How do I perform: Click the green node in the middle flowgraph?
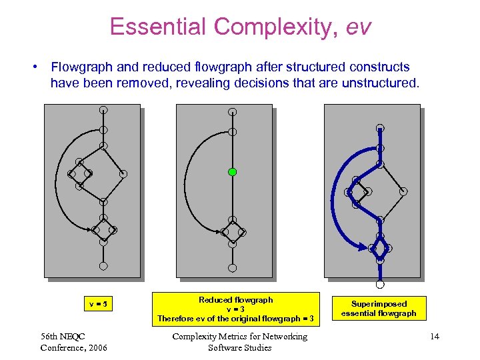pyautogui.click(x=232, y=172)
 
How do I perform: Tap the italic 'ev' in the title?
pyautogui.click(x=358, y=27)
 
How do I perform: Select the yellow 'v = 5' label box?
pyautogui.click(x=99, y=305)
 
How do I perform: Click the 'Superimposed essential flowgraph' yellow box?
pyautogui.click(x=379, y=308)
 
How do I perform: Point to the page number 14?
pyautogui.click(x=435, y=337)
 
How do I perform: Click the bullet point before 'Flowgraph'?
pyautogui.click(x=33, y=67)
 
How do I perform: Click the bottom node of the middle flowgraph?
pyautogui.click(x=232, y=268)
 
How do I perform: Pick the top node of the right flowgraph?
pyautogui.click(x=380, y=128)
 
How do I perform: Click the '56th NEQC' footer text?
pyautogui.click(x=63, y=336)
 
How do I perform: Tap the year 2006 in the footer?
pyautogui.click(x=95, y=347)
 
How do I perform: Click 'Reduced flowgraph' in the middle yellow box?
pyautogui.click(x=235, y=300)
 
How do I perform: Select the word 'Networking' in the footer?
pyautogui.click(x=284, y=336)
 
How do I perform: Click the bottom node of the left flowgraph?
pyautogui.click(x=103, y=266)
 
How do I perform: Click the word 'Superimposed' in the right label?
pyautogui.click(x=379, y=303)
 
